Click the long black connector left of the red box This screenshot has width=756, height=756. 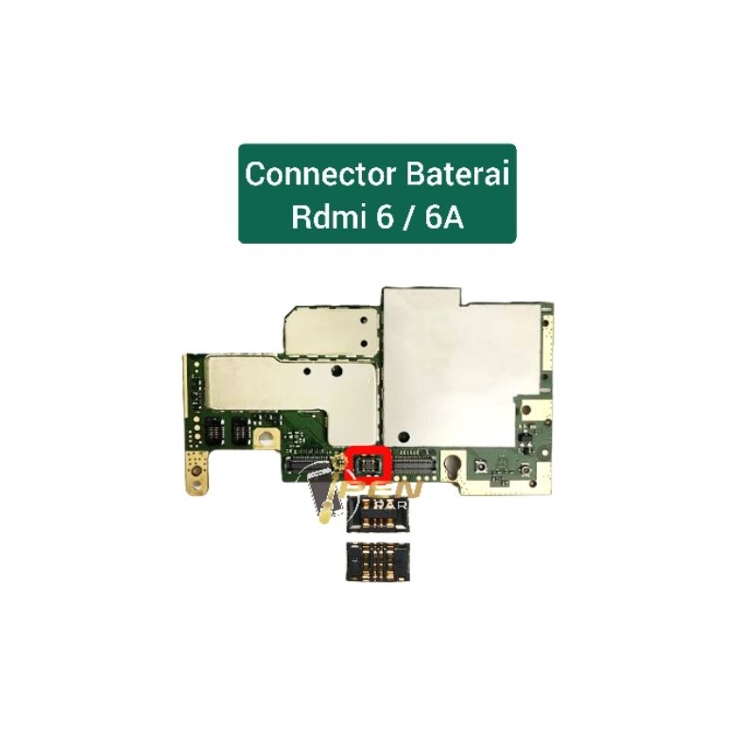tap(313, 464)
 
